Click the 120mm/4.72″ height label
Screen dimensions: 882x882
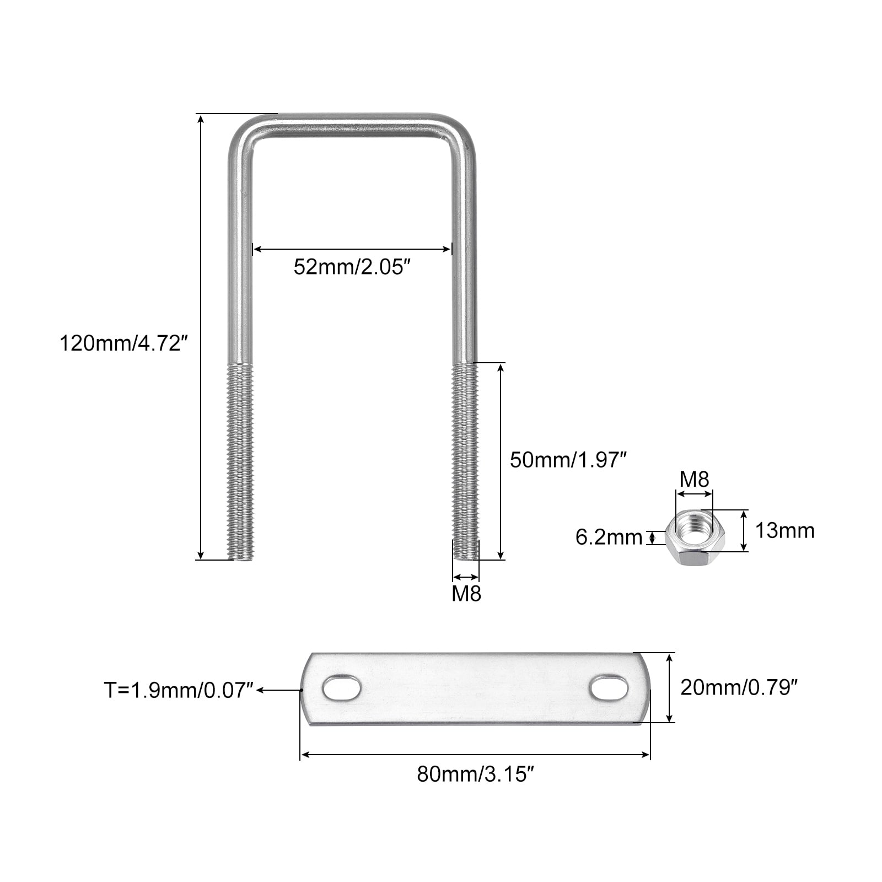click(124, 344)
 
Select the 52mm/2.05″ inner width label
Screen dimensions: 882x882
click(353, 267)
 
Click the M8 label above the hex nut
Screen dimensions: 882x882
click(694, 479)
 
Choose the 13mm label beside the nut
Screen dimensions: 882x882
click(784, 530)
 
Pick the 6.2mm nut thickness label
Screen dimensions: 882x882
click(609, 537)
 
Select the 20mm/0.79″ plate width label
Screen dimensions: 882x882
click(739, 687)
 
